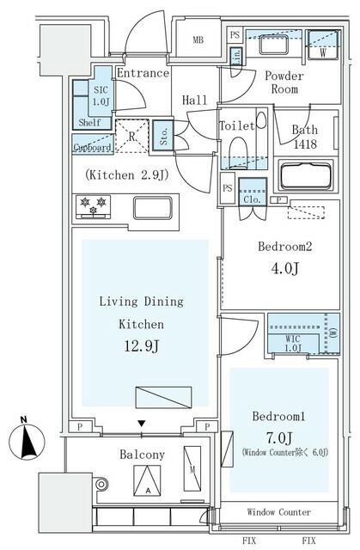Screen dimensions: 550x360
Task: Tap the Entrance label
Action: point(142,73)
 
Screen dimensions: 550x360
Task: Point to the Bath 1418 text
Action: point(304,137)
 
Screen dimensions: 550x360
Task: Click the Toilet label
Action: point(236,126)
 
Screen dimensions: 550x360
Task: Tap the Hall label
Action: point(195,101)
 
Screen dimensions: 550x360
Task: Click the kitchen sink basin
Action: point(155,208)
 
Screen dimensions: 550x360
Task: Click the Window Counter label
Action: point(279,512)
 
